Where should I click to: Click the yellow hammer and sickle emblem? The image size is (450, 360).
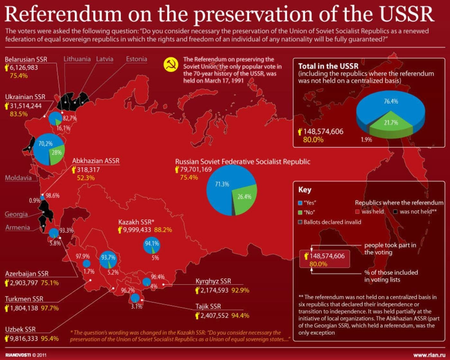click(171, 65)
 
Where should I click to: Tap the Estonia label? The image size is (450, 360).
click(136, 59)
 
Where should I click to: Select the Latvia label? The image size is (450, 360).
click(104, 59)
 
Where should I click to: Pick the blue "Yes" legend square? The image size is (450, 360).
click(300, 203)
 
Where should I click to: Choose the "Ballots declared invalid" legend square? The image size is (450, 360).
click(300, 222)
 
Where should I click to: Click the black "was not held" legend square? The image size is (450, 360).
click(395, 212)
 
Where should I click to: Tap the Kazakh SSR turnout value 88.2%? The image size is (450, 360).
click(163, 230)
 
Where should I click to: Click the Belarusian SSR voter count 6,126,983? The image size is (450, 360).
click(23, 67)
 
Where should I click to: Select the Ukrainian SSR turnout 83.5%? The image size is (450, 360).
click(19, 114)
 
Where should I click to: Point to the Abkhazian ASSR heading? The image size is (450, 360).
click(95, 161)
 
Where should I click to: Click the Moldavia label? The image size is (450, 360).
click(18, 178)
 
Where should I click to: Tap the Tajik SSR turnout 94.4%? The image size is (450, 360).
click(240, 316)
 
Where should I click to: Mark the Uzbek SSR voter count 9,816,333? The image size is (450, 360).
click(23, 338)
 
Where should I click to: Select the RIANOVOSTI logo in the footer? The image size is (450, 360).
click(18, 355)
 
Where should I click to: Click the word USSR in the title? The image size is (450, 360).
click(406, 14)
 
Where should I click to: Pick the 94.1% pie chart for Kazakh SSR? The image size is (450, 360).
click(151, 246)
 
